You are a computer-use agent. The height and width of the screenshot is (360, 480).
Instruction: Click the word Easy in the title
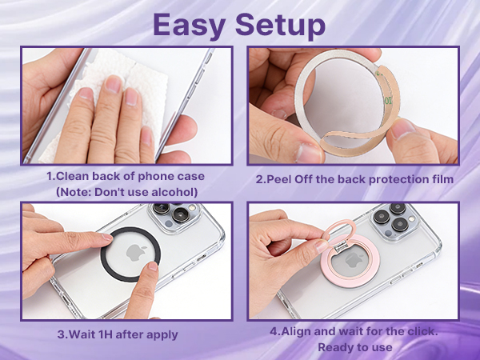click(190, 25)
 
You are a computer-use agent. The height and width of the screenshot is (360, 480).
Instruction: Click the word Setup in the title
click(280, 25)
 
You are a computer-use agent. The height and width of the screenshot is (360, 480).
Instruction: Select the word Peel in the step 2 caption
click(278, 179)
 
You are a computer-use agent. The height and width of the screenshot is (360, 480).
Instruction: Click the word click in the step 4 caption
click(422, 331)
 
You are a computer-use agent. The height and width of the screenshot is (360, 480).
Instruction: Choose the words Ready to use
click(354, 347)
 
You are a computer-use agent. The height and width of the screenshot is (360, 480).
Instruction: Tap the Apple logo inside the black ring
click(136, 252)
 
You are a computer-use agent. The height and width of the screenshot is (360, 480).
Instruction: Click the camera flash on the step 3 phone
click(192, 208)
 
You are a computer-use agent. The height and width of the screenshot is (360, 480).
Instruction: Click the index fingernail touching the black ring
click(107, 237)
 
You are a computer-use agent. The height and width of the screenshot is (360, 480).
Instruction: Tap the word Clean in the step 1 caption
click(73, 176)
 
